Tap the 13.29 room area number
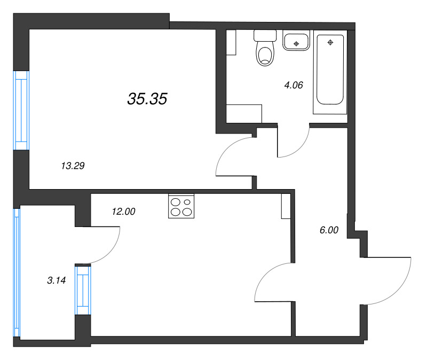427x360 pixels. [73, 166]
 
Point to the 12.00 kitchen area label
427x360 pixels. [123, 212]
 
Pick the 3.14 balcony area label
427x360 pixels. [56, 280]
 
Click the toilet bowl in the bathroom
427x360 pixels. [264, 54]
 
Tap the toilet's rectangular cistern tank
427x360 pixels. [264, 35]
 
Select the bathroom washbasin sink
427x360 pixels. [296, 41]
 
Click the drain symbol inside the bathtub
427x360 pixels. [331, 42]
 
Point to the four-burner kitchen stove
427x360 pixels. [181, 207]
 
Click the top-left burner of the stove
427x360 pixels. [176, 202]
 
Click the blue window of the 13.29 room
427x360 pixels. [21, 111]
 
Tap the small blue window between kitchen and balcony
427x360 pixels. [83, 291]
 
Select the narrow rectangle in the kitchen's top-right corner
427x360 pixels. [285, 206]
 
